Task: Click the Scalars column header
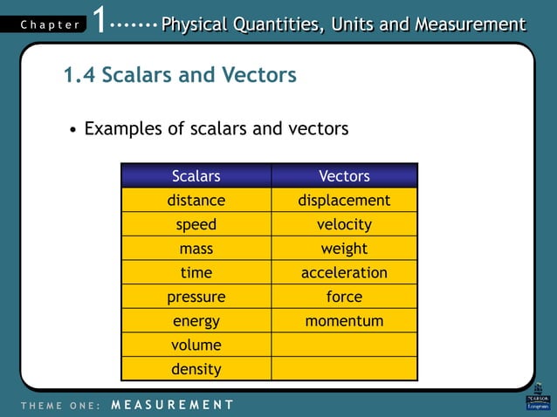pyautogui.click(x=196, y=176)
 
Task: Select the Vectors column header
pyautogui.click(x=344, y=176)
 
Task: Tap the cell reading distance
pyautogui.click(x=196, y=201)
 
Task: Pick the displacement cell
pyautogui.click(x=344, y=201)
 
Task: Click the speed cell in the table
pyautogui.click(x=196, y=224)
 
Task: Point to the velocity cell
pyautogui.click(x=344, y=224)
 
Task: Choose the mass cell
pyautogui.click(x=196, y=249)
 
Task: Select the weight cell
pyautogui.click(x=344, y=249)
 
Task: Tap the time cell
pyautogui.click(x=196, y=273)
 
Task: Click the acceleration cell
pyautogui.click(x=344, y=273)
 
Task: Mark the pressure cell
pyautogui.click(x=196, y=297)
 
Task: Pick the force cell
pyautogui.click(x=344, y=297)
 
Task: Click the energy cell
pyautogui.click(x=196, y=321)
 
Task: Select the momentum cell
pyautogui.click(x=344, y=321)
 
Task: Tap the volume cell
pyautogui.click(x=196, y=345)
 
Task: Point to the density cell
pyautogui.click(x=196, y=369)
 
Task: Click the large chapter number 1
pyautogui.click(x=101, y=20)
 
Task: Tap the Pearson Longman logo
pyautogui.click(x=538, y=397)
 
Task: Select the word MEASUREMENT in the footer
pyautogui.click(x=173, y=405)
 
